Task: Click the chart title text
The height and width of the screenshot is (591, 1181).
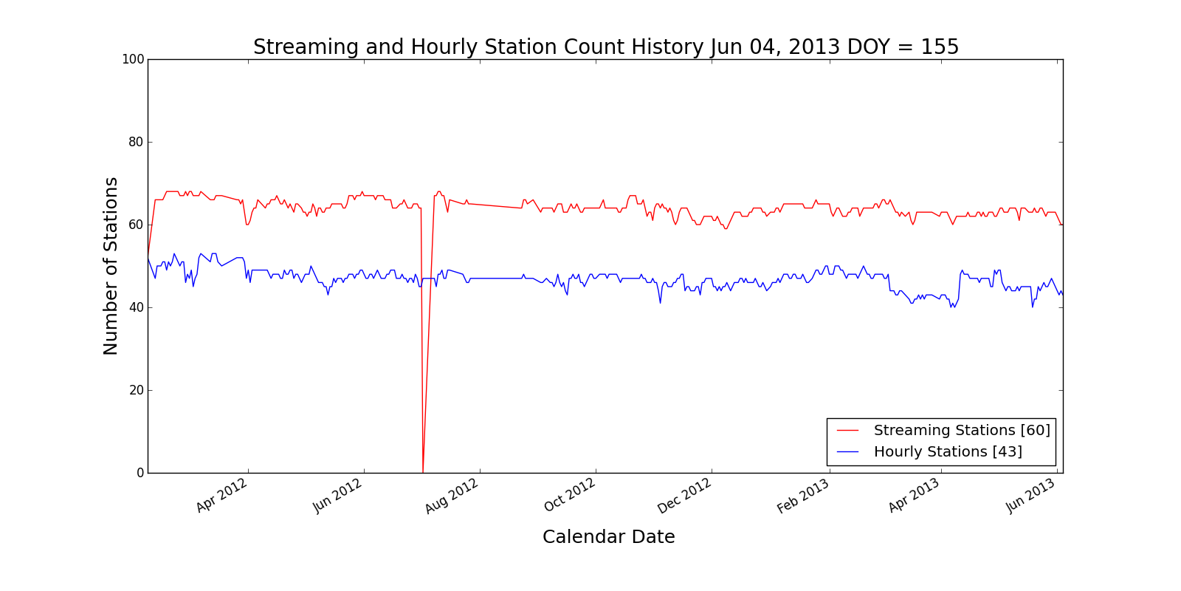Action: click(605, 47)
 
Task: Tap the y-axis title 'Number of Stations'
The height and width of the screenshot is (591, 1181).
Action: click(111, 266)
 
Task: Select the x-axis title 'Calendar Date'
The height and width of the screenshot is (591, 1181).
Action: click(608, 537)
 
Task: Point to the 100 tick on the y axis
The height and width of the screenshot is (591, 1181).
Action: click(133, 59)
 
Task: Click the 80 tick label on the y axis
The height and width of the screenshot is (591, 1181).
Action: click(136, 142)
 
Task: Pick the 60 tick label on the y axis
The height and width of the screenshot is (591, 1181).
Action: click(136, 225)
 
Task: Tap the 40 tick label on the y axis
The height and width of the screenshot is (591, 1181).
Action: click(136, 307)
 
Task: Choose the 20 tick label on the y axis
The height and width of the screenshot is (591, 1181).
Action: click(136, 390)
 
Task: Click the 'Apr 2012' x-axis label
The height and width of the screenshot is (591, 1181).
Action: click(221, 496)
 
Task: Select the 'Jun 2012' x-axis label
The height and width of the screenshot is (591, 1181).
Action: click(337, 496)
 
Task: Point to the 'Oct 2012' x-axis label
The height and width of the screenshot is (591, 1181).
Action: click(569, 496)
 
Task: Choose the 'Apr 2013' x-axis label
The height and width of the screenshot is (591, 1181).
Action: click(914, 496)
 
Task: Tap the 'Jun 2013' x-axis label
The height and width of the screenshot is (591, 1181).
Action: click(1030, 496)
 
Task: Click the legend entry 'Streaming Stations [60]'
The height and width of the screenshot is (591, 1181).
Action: click(961, 430)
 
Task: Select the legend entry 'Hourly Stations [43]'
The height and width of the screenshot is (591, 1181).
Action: click(947, 451)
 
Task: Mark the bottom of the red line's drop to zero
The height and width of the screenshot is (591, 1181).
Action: click(422, 472)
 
